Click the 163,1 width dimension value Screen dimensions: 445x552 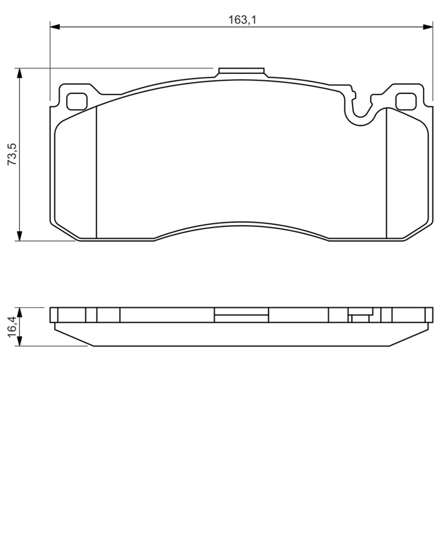coord(242,20)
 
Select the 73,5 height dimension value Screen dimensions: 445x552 coord(12,154)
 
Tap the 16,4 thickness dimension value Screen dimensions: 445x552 coord(12,326)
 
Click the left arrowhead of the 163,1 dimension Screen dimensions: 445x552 coord(55,26)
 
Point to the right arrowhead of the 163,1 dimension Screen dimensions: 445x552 coord(428,26)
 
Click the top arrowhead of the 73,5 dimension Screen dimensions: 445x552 coord(20,73)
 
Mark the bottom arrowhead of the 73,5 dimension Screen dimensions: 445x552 coord(20,236)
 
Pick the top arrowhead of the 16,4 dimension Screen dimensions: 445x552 coord(20,312)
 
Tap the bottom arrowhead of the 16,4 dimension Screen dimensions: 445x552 coord(20,341)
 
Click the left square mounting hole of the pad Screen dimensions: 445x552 coord(76,101)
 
